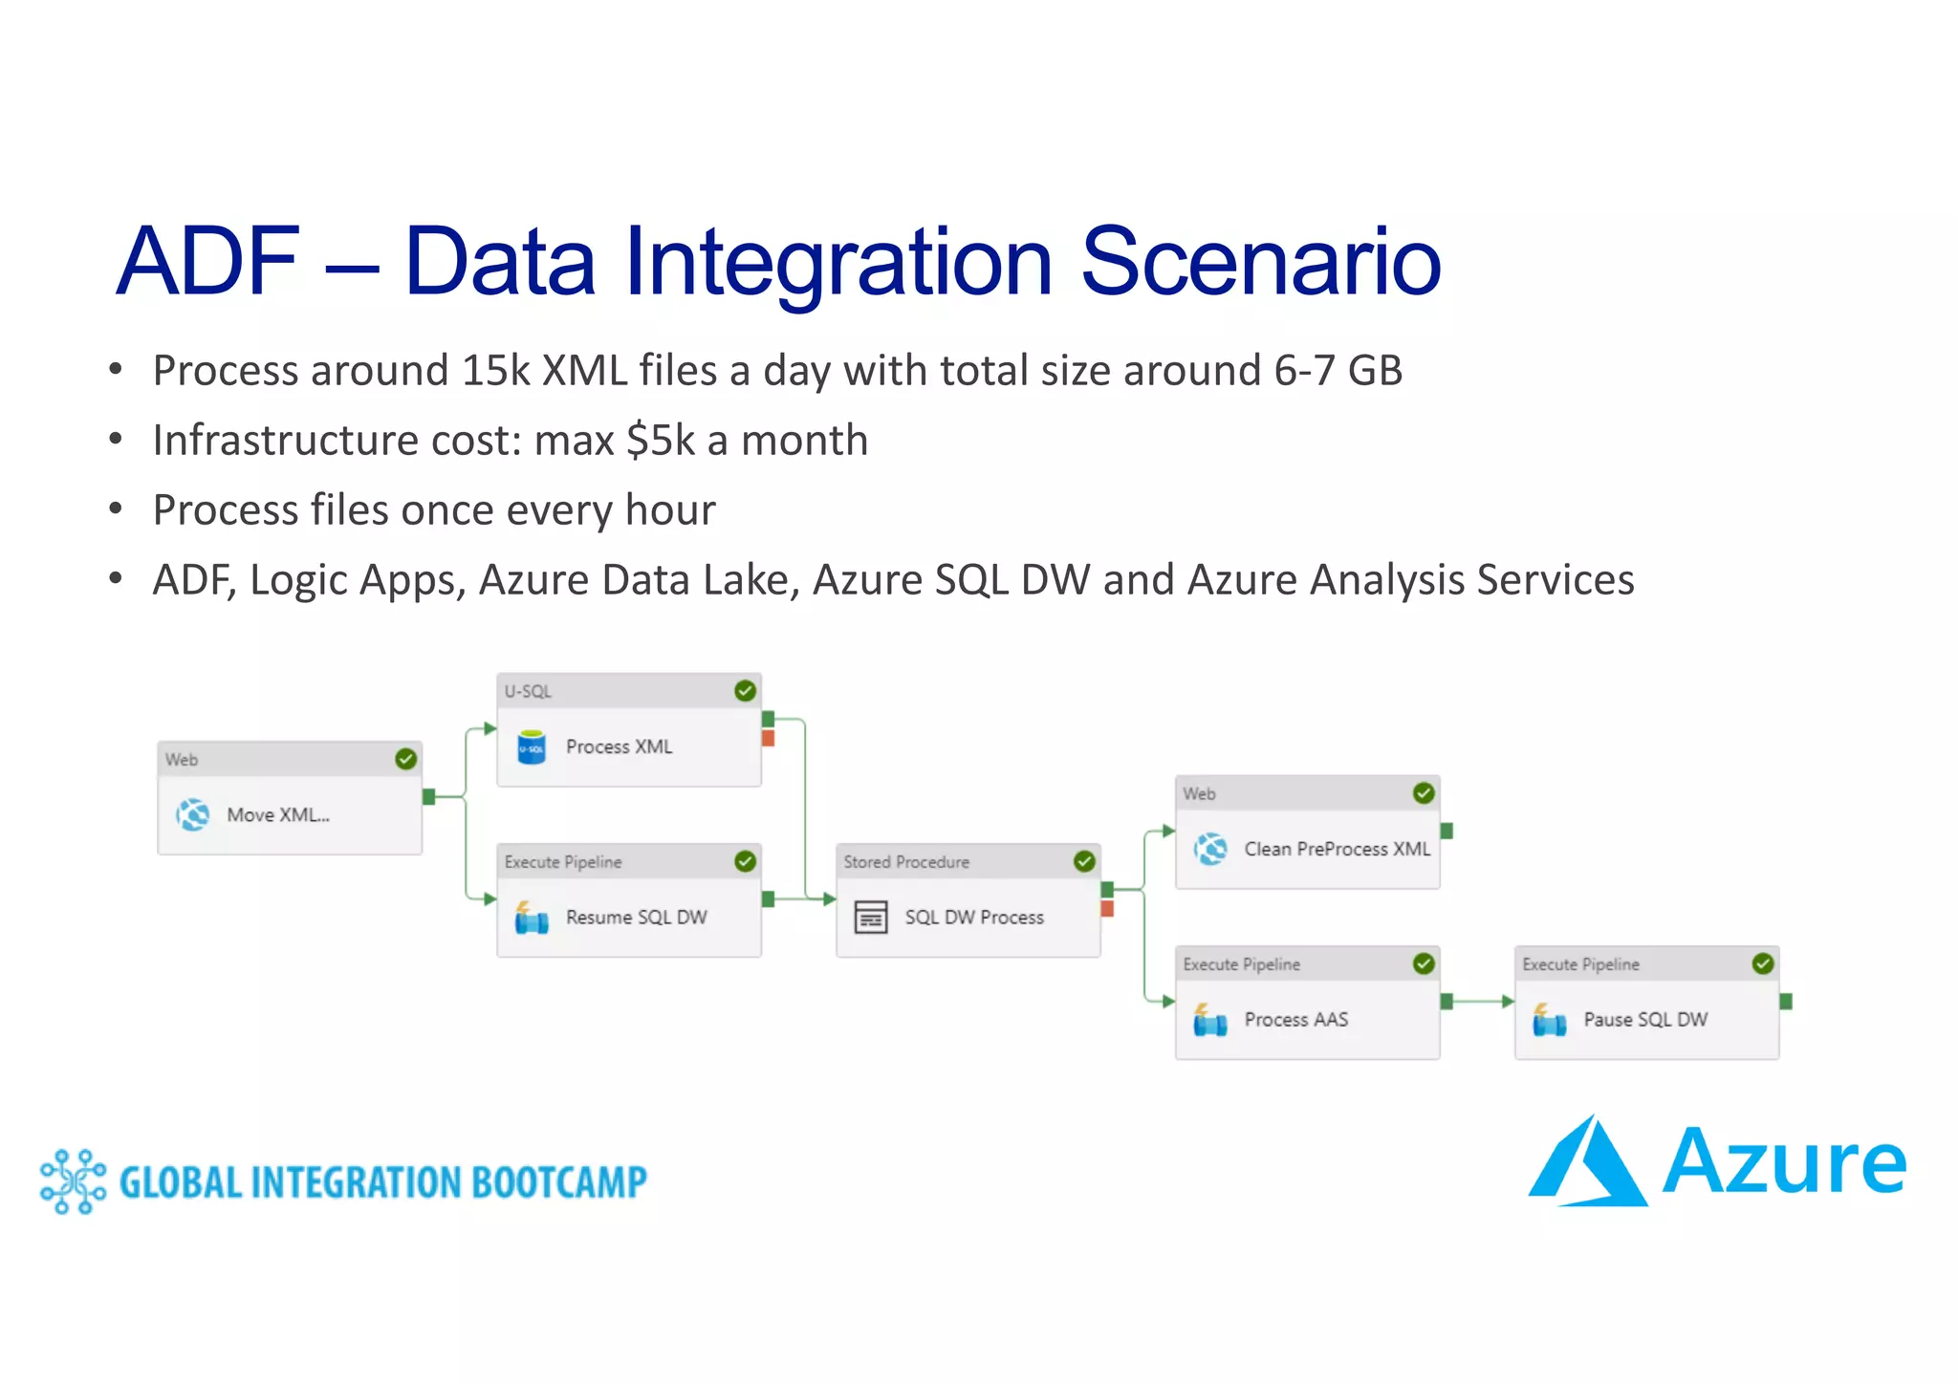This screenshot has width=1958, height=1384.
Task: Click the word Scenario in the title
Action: tap(1259, 261)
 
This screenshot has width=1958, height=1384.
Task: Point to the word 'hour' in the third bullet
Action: tap(669, 510)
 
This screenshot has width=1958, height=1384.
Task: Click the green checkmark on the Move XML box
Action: tap(405, 759)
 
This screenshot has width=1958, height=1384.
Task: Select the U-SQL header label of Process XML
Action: tap(528, 691)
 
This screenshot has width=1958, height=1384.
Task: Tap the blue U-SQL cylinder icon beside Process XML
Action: tap(531, 747)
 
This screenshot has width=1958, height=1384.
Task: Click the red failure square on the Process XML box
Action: tap(768, 738)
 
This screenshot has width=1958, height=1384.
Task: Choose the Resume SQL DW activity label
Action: tap(636, 918)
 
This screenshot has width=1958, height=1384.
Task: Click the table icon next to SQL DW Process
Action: tap(870, 918)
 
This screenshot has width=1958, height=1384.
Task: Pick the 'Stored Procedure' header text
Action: tap(905, 862)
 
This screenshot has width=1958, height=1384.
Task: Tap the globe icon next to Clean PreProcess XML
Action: tap(1210, 849)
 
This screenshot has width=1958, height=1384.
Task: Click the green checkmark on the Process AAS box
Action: tap(1423, 963)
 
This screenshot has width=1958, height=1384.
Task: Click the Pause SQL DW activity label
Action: tap(1644, 1020)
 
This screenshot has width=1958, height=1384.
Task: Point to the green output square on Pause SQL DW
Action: tap(1785, 1002)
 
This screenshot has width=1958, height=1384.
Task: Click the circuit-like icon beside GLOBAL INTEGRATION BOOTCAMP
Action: tap(73, 1182)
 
